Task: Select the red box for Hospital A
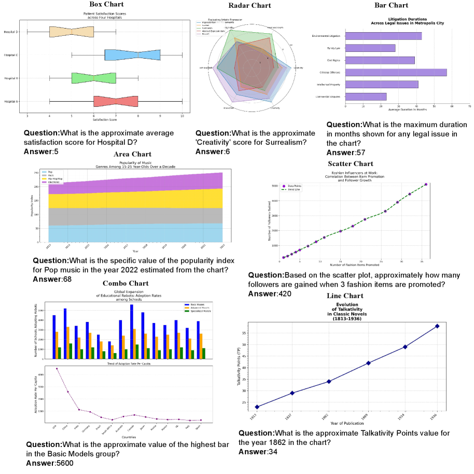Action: tap(116, 101)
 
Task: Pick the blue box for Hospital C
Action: tap(132, 54)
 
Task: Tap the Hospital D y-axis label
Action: tap(11, 32)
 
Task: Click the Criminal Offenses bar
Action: tap(396, 72)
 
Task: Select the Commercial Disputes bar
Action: tap(366, 96)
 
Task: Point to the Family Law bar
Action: tap(370, 48)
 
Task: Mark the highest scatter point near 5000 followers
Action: tap(426, 184)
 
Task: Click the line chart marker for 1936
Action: tap(437, 326)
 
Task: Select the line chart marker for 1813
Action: tap(258, 407)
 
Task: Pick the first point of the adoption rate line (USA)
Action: tap(57, 369)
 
